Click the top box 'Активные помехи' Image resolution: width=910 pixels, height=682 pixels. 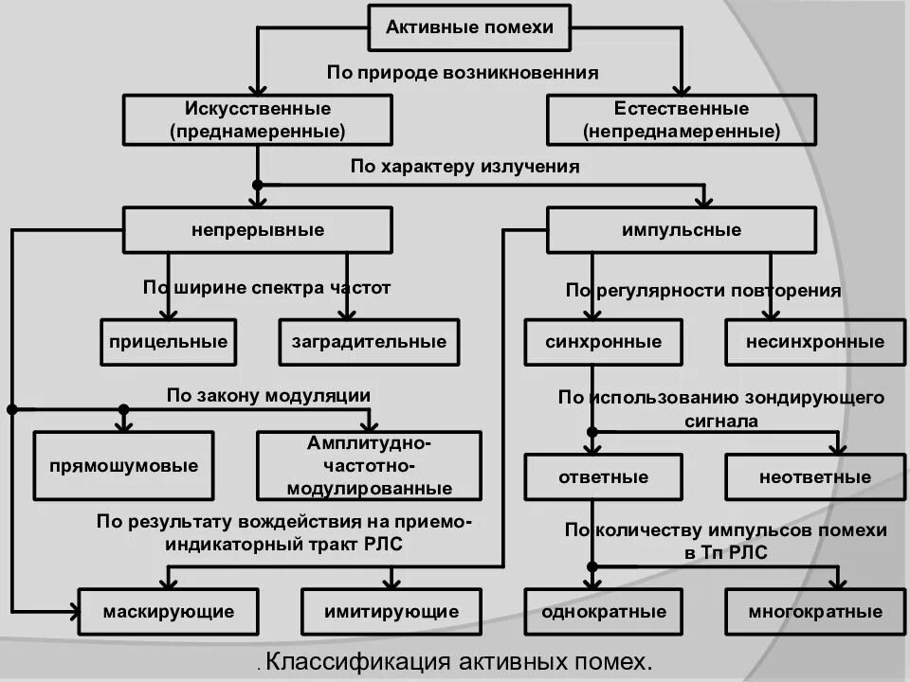468,27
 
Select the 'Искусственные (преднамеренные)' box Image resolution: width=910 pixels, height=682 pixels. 258,119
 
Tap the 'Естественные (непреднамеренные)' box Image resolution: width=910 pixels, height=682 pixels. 681,119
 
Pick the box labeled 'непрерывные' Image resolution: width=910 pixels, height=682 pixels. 258,230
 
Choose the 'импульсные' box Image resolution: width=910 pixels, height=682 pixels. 681,230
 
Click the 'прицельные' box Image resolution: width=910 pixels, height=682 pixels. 169,342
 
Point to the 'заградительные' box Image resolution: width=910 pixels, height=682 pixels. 369,342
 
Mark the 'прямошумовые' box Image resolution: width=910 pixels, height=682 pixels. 124,466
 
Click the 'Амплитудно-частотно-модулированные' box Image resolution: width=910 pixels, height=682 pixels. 369,466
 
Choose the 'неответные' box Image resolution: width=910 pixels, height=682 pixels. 814,476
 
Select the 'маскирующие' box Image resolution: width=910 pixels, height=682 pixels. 169,612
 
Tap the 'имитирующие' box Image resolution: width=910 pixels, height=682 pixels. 391,612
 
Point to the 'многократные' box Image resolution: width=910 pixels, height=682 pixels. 814,612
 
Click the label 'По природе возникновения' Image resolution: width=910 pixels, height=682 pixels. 463,72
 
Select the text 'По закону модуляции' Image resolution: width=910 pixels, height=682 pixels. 268,395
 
